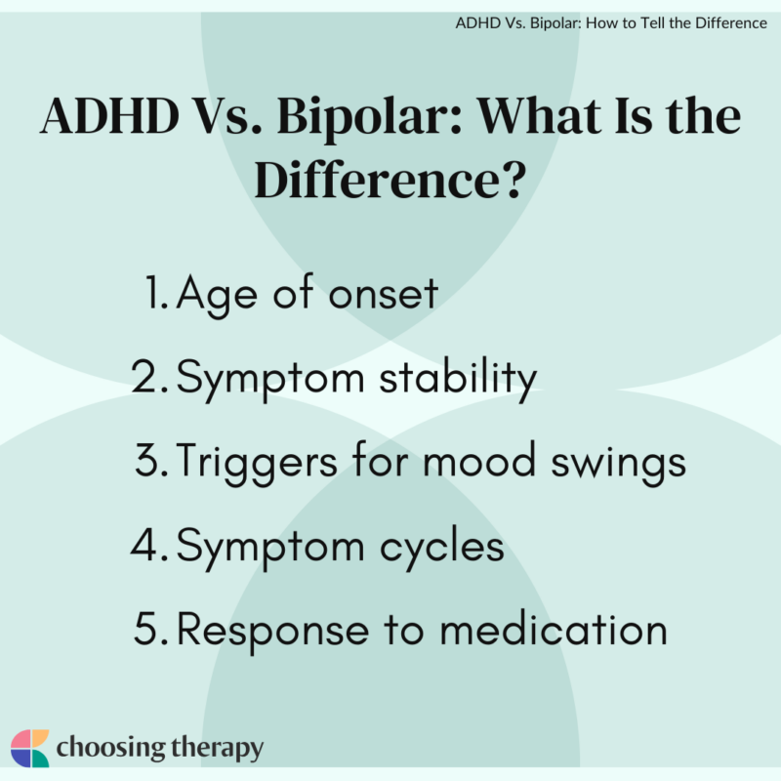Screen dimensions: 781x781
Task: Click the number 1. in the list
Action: pos(156,295)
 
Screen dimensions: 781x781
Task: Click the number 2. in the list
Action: pos(152,379)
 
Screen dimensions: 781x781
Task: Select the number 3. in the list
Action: pos(153,463)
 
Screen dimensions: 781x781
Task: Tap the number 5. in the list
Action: pos(152,630)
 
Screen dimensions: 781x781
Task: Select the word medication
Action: pos(555,630)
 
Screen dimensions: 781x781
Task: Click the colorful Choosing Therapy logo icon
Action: pos(29,748)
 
